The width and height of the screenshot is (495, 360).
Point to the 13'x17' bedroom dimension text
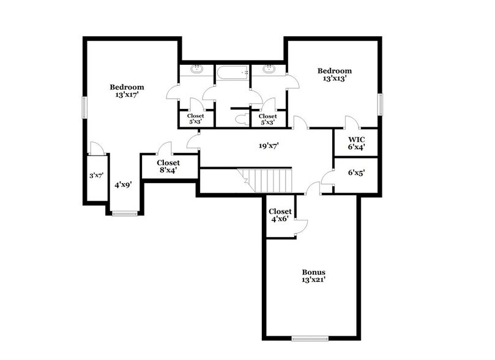tap(127, 95)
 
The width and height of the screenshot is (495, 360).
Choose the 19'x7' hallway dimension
tap(264, 146)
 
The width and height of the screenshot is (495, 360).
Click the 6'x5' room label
tap(356, 173)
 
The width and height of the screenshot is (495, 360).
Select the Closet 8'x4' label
tap(168, 167)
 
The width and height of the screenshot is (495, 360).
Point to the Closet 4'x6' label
tap(280, 215)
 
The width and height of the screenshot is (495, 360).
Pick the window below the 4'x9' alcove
tap(124, 213)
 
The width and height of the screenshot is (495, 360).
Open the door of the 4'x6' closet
tap(301, 227)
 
